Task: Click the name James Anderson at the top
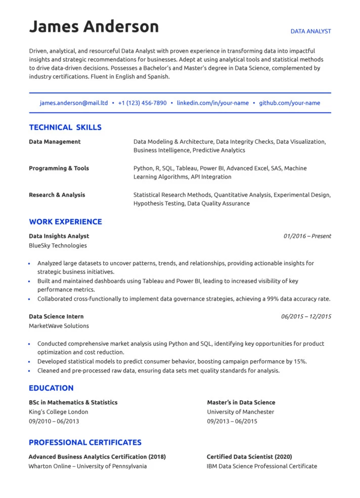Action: (x=94, y=26)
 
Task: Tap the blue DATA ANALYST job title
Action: (x=310, y=31)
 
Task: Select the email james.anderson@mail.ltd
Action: (x=74, y=103)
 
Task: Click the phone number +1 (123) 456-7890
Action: (x=142, y=103)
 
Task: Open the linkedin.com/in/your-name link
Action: (x=212, y=103)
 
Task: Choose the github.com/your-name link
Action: (x=289, y=103)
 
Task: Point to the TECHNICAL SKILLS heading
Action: (x=65, y=128)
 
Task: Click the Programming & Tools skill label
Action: (x=59, y=168)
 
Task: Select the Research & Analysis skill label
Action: (x=57, y=195)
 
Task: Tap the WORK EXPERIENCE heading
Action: (x=65, y=222)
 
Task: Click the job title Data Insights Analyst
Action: (x=59, y=236)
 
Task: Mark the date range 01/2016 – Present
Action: (x=307, y=236)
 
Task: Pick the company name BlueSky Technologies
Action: (x=58, y=245)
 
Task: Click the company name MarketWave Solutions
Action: (x=59, y=326)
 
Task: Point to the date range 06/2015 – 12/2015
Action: (x=306, y=316)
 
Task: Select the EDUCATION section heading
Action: (x=51, y=388)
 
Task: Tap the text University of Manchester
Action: (x=240, y=412)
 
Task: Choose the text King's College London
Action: (x=58, y=412)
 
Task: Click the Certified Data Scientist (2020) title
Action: (x=249, y=456)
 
